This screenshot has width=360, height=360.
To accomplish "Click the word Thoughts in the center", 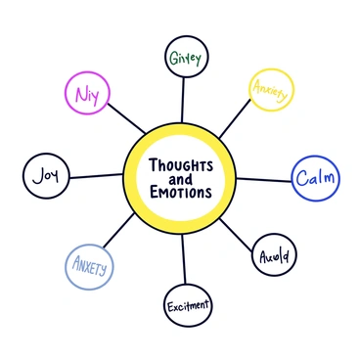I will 182,164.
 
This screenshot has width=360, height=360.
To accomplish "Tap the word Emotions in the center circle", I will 181,193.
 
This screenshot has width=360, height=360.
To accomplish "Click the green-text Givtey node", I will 184,59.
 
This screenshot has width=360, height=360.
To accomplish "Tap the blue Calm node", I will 314,178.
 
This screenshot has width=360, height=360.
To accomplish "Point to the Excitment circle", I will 186,306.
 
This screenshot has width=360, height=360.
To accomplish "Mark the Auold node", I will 274,256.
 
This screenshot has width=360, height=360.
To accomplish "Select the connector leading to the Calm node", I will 264,179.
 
